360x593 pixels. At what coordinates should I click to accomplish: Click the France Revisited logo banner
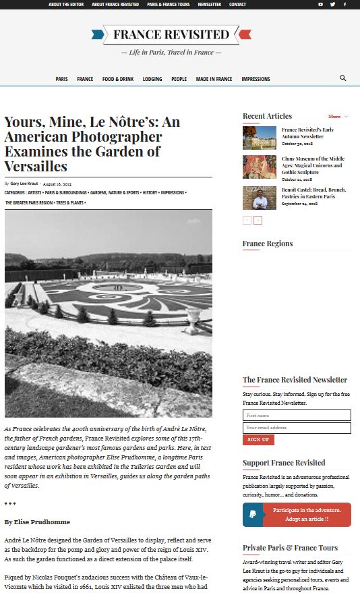(x=171, y=34)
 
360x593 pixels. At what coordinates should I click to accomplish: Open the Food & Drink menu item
(x=118, y=79)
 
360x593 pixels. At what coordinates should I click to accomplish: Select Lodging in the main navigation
(x=152, y=79)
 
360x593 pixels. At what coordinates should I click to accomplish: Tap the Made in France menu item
(x=214, y=79)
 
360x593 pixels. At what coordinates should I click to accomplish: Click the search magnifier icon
(x=343, y=78)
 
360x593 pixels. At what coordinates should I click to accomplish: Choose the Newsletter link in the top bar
(x=209, y=4)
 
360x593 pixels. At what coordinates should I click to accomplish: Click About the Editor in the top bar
(x=65, y=4)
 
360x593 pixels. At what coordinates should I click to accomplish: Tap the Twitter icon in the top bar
(x=332, y=4)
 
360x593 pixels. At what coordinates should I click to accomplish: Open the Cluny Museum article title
(x=313, y=165)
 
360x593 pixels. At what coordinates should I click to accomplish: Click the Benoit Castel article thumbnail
(x=260, y=198)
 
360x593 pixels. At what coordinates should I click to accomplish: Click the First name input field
(x=297, y=416)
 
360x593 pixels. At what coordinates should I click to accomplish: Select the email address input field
(x=297, y=428)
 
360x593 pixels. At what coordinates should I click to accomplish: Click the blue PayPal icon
(x=253, y=514)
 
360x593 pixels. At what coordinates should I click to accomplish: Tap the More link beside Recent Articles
(x=334, y=117)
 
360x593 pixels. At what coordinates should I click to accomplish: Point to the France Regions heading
(x=268, y=244)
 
